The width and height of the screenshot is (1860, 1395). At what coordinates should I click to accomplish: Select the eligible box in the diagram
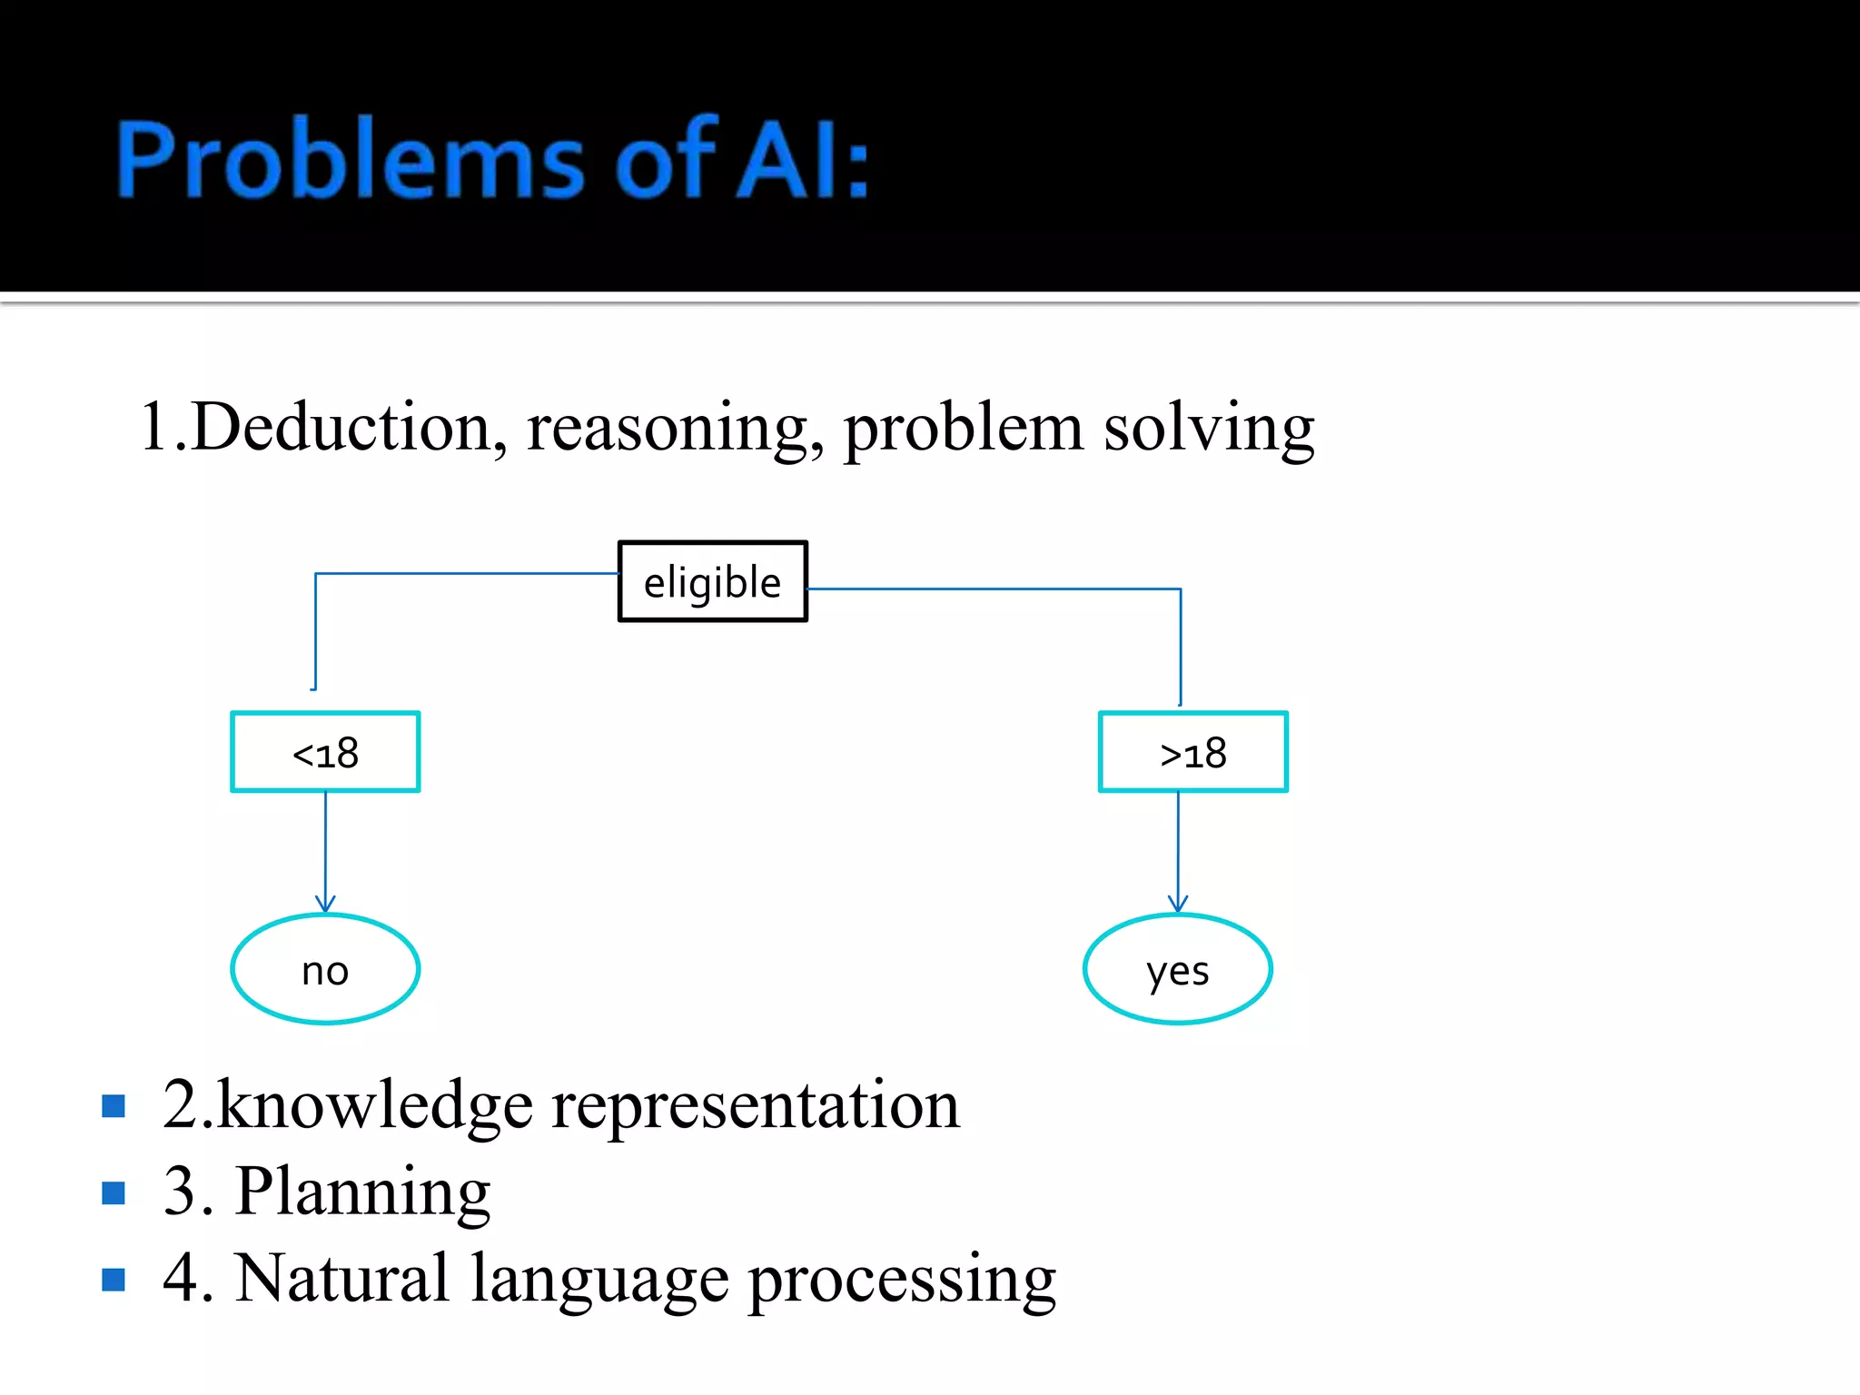[712, 581]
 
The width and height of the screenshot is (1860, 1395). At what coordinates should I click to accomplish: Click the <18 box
[325, 752]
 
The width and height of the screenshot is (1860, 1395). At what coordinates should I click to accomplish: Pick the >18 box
[1192, 752]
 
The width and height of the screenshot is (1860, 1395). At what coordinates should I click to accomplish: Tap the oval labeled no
[325, 970]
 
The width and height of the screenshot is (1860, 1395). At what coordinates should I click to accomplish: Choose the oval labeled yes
[1177, 970]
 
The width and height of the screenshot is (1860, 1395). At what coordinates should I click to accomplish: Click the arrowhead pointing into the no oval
[325, 904]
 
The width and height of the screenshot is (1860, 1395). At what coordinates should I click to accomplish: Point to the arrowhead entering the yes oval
[1178, 904]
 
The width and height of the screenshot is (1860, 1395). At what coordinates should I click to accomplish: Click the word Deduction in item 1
[345, 427]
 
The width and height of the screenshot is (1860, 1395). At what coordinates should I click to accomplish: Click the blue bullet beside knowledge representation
[114, 1105]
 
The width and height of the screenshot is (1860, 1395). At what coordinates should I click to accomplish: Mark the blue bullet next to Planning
[114, 1192]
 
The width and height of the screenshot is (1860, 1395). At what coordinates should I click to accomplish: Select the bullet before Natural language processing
[114, 1280]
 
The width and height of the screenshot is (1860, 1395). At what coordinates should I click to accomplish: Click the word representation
[754, 1106]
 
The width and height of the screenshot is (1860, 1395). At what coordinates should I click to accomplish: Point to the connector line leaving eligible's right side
[990, 589]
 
